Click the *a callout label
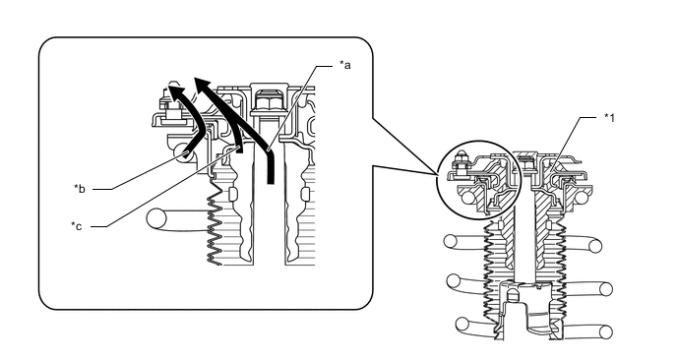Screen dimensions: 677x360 344,65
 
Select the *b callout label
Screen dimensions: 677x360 80,189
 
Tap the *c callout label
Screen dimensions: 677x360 77,226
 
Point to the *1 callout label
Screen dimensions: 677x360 609,117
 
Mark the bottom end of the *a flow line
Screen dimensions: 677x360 271,182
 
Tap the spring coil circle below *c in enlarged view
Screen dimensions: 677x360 156,218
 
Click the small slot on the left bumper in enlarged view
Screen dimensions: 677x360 234,194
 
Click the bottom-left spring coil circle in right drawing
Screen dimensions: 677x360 462,324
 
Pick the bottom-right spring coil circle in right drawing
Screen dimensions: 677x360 606,331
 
